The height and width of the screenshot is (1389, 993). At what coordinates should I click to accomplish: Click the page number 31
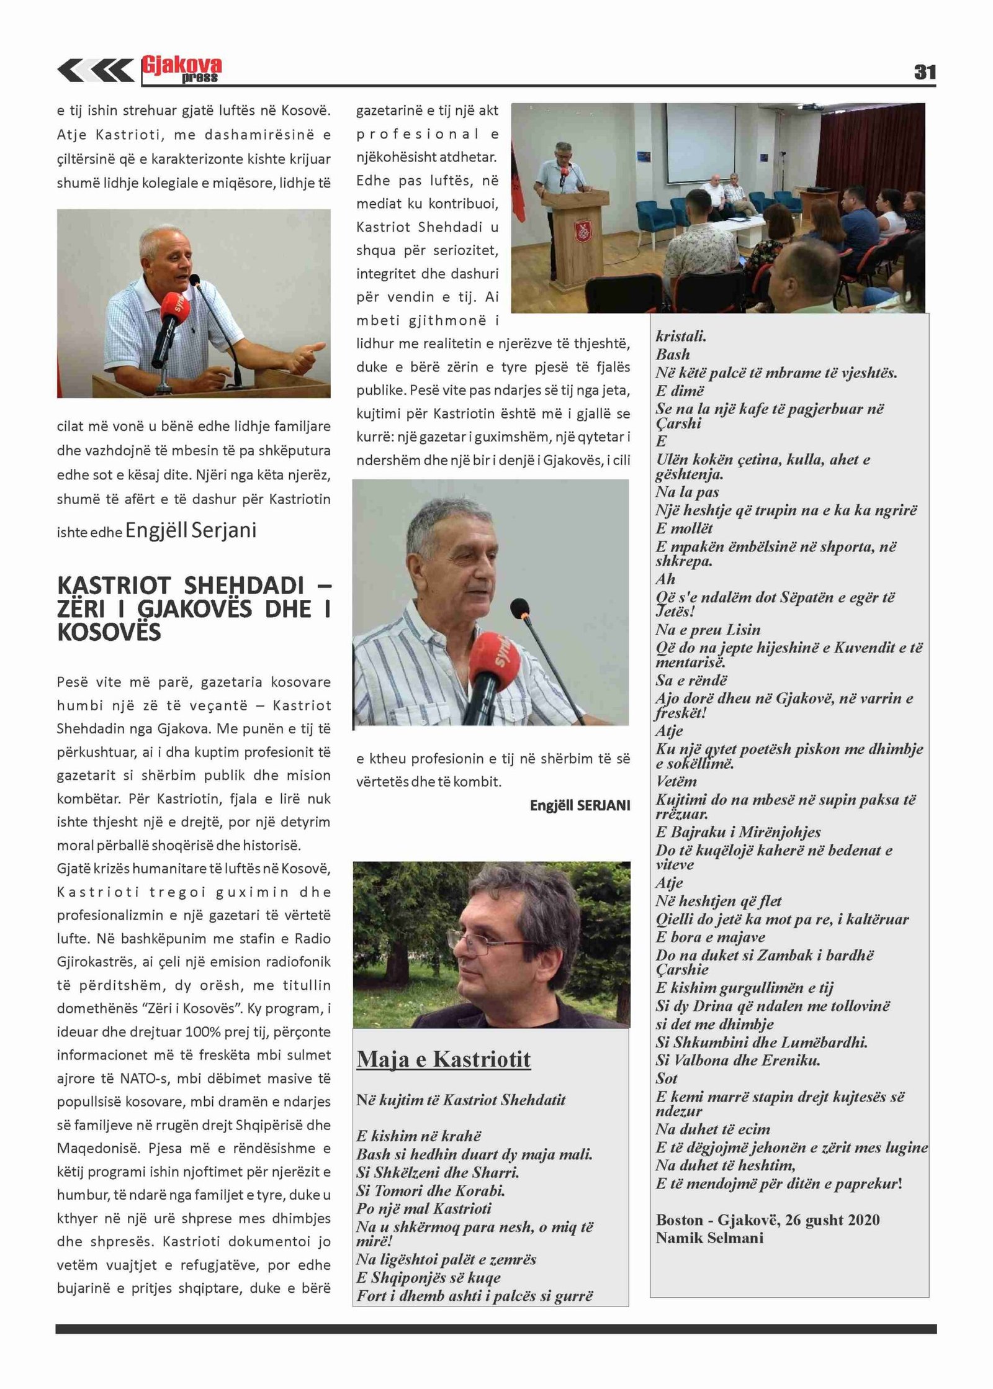coord(924,72)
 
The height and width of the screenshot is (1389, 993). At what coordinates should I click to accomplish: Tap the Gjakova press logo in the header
coord(182,69)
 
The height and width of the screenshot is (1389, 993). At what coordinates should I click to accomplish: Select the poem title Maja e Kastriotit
coord(444,1059)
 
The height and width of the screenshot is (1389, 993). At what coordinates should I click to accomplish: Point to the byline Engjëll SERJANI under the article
coord(580,805)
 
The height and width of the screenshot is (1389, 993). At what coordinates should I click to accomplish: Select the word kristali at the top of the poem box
coord(681,337)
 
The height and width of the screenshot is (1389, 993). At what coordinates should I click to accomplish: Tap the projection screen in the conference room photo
coord(701,143)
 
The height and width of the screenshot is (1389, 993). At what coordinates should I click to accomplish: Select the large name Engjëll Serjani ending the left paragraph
coord(191,530)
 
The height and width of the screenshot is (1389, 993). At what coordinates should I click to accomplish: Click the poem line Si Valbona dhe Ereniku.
coord(738,1060)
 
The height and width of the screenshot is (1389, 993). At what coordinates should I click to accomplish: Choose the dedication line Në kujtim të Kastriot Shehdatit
coord(461,1100)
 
